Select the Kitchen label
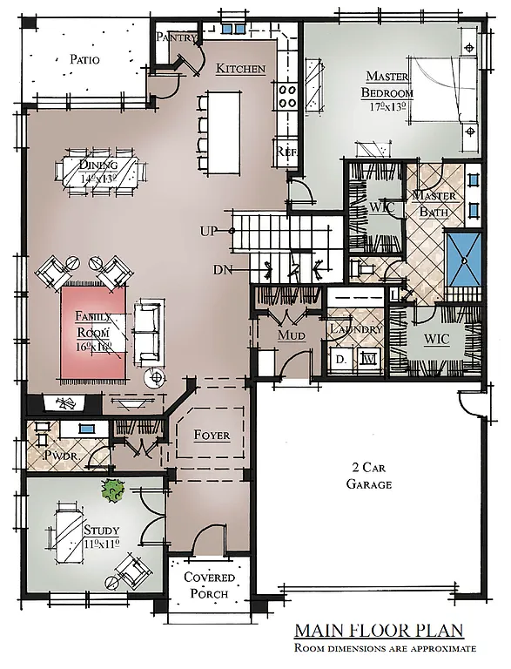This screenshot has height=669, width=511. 241,69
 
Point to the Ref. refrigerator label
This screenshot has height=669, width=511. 286,151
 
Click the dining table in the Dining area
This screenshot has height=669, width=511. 98,170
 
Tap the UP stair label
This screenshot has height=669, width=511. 209,231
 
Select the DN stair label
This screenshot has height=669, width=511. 222,270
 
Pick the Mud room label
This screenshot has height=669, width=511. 290,334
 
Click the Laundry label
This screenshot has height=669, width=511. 356,329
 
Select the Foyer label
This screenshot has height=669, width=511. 212,435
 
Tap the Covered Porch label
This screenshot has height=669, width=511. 205,585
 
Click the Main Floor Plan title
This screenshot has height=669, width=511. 378,630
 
